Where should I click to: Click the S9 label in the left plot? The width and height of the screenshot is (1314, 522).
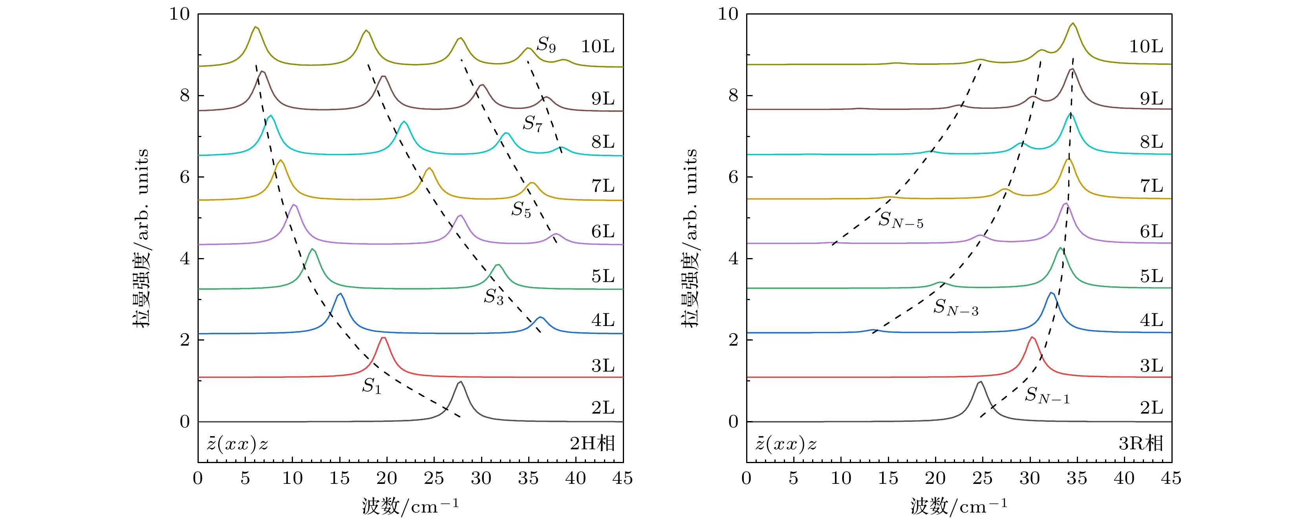point(545,45)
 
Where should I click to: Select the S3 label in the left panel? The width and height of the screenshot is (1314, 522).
point(493,297)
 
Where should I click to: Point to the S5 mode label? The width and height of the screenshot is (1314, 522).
point(521,210)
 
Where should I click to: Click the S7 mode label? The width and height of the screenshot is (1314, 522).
point(532,123)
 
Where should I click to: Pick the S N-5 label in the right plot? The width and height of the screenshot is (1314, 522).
point(900,220)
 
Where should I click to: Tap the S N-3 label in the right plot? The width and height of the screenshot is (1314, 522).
point(955,307)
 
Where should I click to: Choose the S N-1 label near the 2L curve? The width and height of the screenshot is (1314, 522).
point(1047,395)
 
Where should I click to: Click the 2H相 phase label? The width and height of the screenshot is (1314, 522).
point(592,443)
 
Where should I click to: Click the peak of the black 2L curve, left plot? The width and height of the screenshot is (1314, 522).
point(461,382)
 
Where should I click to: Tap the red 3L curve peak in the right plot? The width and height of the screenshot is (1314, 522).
point(1032,337)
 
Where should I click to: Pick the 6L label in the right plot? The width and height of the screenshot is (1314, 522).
point(1152,232)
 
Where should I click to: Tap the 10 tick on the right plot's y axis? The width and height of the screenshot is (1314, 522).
point(728,14)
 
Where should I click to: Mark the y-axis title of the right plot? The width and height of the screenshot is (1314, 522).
point(689,238)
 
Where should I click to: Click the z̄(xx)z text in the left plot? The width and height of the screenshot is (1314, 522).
point(237,444)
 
